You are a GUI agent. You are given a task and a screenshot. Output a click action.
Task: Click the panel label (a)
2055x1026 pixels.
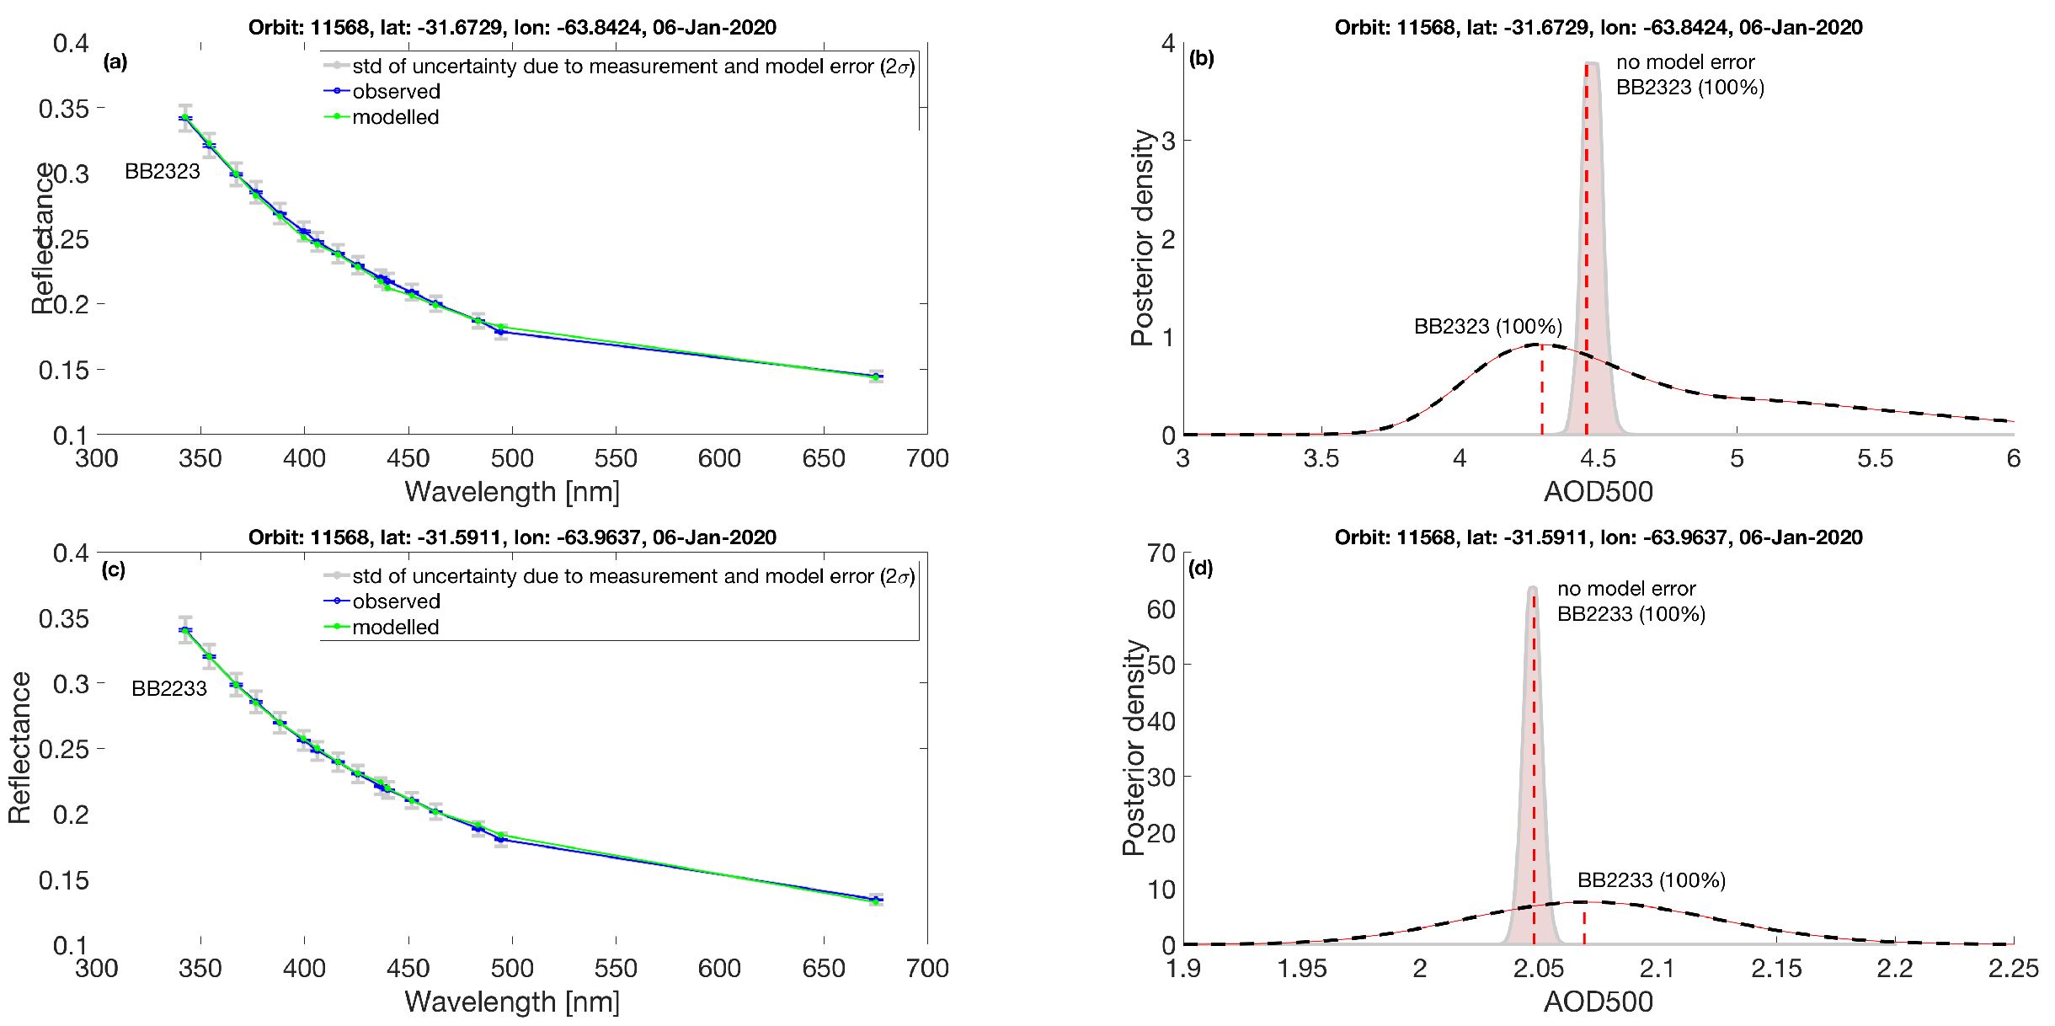click(115, 61)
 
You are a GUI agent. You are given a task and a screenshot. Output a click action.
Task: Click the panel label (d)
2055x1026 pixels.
click(1200, 568)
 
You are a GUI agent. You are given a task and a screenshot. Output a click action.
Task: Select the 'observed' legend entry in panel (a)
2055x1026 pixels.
click(396, 91)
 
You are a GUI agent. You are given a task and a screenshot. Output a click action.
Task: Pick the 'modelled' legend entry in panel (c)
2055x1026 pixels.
click(396, 627)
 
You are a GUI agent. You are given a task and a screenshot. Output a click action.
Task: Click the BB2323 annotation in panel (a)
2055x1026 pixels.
click(163, 171)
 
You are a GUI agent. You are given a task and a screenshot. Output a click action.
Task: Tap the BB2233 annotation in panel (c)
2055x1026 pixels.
click(169, 688)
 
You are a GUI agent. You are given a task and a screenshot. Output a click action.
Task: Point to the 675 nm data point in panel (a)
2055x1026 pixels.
click(876, 377)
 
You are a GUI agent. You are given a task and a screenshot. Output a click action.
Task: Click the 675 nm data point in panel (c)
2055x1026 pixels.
click(876, 900)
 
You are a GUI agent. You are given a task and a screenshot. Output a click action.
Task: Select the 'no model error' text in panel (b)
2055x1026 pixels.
click(1685, 62)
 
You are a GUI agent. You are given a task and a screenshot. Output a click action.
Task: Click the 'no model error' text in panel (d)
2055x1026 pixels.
click(1626, 589)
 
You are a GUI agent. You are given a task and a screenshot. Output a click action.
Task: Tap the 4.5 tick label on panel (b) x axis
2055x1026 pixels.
click(1598, 458)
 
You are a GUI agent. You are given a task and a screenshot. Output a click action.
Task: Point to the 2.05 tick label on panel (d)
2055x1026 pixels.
click(1538, 968)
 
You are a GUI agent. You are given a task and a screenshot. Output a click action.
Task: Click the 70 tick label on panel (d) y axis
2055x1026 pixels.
click(1161, 553)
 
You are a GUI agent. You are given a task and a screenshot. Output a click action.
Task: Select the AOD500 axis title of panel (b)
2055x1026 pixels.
click(1598, 492)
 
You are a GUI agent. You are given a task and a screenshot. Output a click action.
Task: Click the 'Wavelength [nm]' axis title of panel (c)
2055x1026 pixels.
click(512, 1002)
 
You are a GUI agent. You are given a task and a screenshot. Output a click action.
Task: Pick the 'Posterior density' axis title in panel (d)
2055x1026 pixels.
click(1136, 748)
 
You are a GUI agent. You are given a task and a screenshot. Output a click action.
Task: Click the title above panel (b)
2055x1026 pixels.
click(1598, 27)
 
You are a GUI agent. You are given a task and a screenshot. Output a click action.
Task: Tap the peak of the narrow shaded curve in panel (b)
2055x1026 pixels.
click(1591, 63)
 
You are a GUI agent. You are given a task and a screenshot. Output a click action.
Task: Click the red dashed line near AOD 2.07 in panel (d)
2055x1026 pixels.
click(1584, 925)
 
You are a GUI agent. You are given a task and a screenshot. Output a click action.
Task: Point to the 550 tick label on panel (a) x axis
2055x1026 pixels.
click(616, 458)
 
